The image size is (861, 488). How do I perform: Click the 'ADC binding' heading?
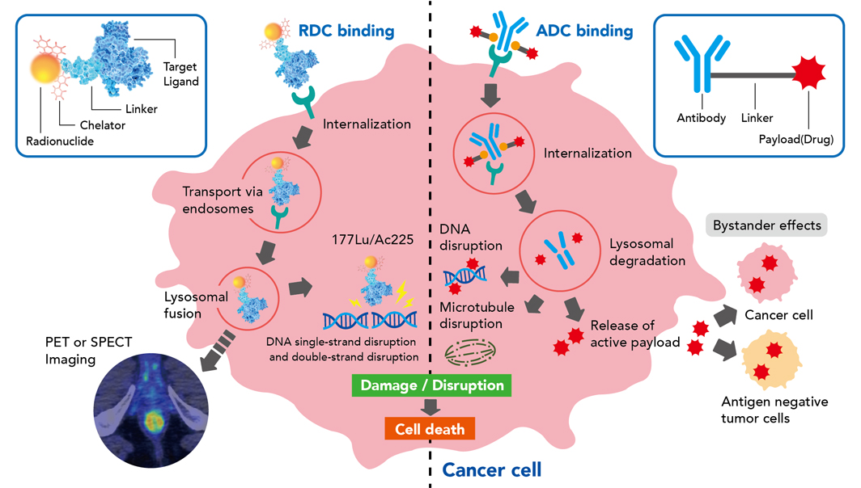coord(584,32)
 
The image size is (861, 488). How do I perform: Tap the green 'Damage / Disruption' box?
coord(432,385)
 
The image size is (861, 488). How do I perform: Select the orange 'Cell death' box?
coord(430,429)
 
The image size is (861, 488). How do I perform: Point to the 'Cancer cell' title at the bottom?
coord(491,469)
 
